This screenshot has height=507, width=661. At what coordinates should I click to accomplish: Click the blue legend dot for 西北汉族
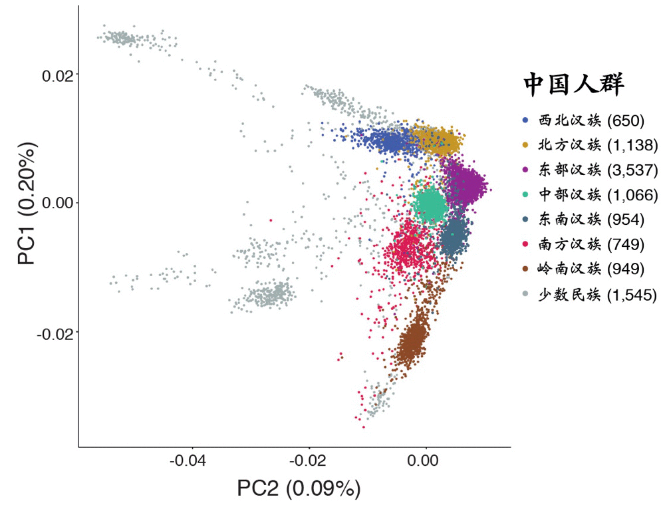pyautogui.click(x=525, y=120)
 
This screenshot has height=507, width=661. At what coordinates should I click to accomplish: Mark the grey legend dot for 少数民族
pyautogui.click(x=525, y=293)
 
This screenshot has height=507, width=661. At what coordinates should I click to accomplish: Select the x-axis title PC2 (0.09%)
pyautogui.click(x=299, y=489)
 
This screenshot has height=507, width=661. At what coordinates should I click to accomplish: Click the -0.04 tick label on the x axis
pyautogui.click(x=192, y=460)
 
